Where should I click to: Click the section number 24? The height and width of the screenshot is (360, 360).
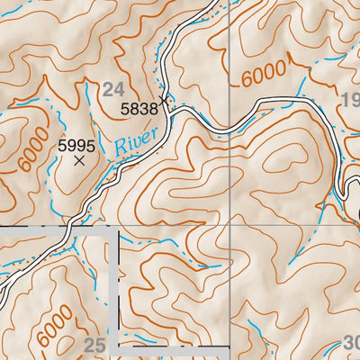[112, 88]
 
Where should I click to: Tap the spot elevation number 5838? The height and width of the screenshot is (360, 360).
[139, 109]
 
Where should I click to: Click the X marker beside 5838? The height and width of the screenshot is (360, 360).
[163, 100]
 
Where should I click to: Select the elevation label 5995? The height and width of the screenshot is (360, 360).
[76, 144]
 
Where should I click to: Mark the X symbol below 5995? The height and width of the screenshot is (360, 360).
[79, 161]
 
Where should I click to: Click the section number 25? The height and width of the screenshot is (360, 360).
[94, 345]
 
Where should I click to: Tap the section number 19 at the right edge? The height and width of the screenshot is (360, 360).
[350, 98]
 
